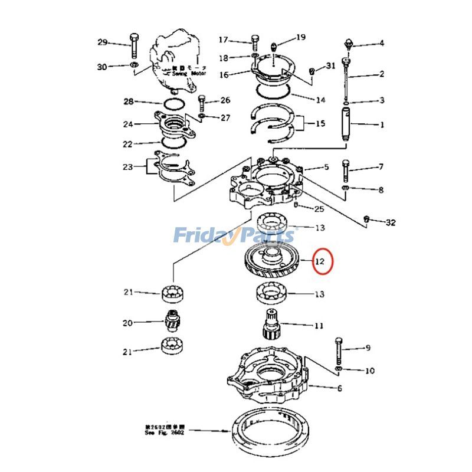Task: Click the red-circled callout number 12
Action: (320, 260)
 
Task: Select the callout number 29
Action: (103, 42)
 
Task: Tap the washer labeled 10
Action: (337, 370)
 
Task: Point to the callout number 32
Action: (391, 222)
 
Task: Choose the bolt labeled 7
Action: (346, 170)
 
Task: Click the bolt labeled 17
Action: (254, 41)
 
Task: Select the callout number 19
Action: (301, 37)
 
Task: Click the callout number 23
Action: (128, 167)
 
